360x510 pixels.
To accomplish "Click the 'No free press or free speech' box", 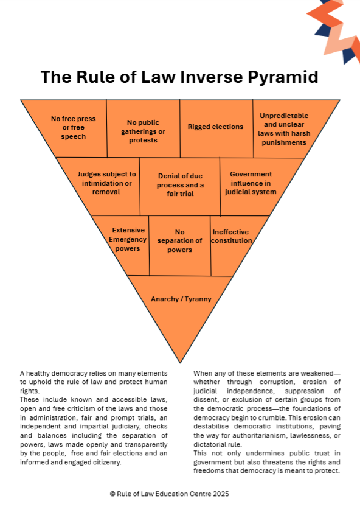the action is tap(73, 128).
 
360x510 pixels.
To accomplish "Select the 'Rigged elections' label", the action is tap(215, 127).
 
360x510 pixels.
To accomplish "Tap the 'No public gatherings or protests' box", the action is tap(144, 129).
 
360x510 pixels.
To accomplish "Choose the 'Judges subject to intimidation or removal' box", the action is tap(104, 186).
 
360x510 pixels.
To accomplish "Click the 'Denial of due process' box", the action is tap(180, 186).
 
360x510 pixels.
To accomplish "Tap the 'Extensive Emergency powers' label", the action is tap(128, 239).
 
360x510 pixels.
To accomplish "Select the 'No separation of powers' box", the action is tap(179, 245).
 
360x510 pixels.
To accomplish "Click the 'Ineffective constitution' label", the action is tap(231, 237).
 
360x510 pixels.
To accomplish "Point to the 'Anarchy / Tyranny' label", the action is tap(181, 299).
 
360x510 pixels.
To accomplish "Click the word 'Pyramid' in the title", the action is tap(283, 77).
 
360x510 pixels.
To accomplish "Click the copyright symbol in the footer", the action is tap(112, 494).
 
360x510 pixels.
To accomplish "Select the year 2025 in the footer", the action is tap(221, 494).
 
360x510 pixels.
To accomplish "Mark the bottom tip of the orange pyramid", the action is tap(180, 363).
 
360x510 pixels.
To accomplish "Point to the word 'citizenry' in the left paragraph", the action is tap(106, 462).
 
